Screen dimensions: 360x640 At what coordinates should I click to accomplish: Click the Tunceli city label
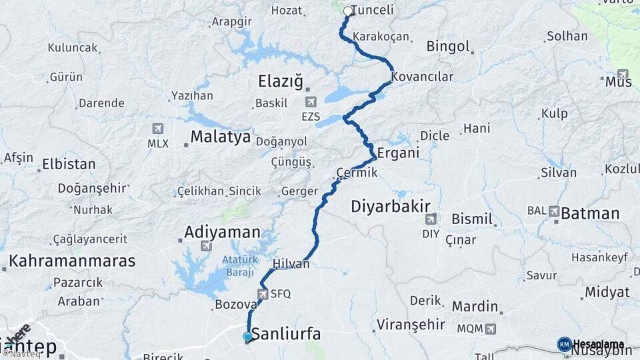pos(372,11)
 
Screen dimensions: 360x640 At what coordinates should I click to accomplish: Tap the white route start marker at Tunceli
pos(347,11)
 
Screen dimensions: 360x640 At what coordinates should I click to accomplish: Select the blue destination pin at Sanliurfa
pos(248,337)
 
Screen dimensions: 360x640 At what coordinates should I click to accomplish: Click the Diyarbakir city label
pos(391,207)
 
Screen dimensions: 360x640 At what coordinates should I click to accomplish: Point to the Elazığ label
pos(280,82)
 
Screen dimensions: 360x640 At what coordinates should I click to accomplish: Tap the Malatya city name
pos(221,137)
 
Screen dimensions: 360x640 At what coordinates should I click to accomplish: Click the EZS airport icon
pos(311,103)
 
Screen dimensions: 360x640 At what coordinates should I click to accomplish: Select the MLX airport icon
pos(158,129)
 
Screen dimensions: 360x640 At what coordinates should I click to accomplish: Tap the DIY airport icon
pos(431,219)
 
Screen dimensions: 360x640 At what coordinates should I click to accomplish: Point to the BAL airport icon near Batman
pos(554,211)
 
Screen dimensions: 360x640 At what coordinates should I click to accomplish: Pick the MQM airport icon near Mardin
pos(491,329)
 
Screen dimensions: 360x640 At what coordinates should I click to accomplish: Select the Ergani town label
pos(398,153)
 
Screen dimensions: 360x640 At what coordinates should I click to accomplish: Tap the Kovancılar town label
pos(423,77)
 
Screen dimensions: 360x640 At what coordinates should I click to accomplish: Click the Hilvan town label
pos(291,264)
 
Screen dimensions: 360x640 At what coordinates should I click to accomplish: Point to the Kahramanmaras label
pos(72,261)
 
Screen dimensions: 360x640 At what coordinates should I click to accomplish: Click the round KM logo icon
pos(565,344)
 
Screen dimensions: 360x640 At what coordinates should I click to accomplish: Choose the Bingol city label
pos(449,47)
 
